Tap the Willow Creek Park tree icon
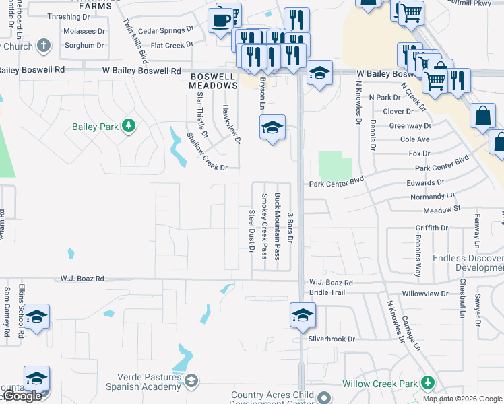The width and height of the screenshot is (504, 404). coord(427,383)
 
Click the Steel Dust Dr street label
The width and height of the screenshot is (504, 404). coord(251,231)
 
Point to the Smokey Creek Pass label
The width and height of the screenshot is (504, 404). coord(264,226)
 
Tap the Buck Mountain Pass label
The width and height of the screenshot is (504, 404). coord(277,226)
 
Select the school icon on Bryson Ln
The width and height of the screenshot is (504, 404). coord(272,127)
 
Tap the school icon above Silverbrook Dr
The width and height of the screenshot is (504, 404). coord(303,314)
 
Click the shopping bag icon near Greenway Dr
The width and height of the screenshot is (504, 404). coord(483,116)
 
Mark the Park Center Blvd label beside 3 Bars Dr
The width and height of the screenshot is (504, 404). coord(336,182)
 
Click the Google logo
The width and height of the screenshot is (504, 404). coord(22,397)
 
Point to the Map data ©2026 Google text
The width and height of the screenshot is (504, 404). coord(462,399)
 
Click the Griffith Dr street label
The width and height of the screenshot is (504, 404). coord(431,228)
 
